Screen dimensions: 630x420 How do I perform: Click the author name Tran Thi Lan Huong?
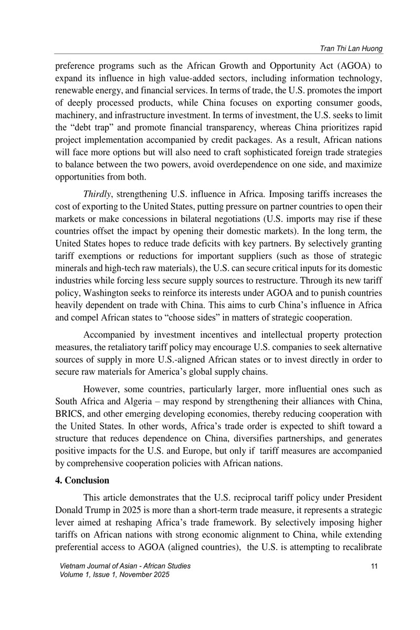pos(351,49)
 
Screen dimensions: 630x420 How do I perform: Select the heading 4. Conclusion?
pos(82,480)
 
